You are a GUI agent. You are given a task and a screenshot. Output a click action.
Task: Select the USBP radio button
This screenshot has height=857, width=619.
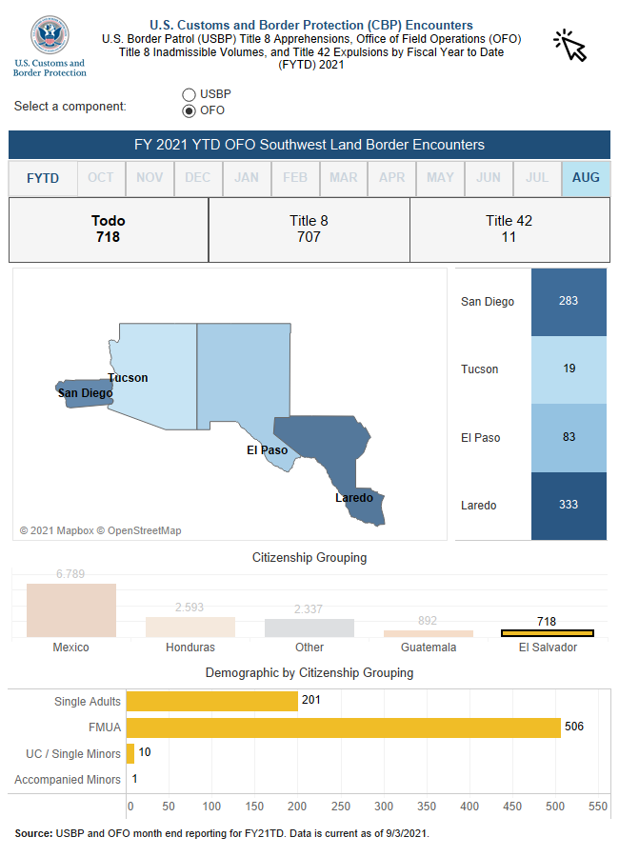coord(189,94)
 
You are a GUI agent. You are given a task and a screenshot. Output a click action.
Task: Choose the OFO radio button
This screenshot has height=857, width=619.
coord(189,110)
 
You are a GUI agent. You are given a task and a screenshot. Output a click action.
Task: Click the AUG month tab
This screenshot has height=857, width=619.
coord(586,178)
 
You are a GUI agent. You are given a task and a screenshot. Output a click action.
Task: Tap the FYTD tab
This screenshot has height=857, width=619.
coord(43,178)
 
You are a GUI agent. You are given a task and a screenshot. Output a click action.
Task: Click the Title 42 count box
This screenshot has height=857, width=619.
coord(509,229)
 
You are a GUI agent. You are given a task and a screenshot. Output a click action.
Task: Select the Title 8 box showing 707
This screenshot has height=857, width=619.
coord(309,229)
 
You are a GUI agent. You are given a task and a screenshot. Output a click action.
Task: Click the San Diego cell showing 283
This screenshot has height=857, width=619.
coord(569,302)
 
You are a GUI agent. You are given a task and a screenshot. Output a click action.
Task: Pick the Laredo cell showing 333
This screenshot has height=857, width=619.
coord(569,506)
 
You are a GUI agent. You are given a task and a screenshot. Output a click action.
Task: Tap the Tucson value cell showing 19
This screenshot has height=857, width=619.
coord(569,369)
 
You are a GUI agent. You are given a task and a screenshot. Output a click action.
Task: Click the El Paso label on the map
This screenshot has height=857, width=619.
coord(267,450)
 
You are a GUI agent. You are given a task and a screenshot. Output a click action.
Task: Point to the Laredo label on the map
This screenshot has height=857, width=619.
coord(353,498)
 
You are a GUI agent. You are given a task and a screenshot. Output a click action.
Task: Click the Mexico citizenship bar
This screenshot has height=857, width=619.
coord(71,610)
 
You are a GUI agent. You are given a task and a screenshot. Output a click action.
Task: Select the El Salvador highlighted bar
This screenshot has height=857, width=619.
coord(548,633)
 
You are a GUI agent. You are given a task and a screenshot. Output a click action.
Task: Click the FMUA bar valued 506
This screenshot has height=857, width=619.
coord(344,727)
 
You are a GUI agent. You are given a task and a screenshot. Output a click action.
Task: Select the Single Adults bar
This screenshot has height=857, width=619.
coord(212,702)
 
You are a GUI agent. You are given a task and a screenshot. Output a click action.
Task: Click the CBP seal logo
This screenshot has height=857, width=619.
coord(50,35)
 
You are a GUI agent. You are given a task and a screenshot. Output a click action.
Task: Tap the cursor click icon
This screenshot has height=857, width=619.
coord(569,45)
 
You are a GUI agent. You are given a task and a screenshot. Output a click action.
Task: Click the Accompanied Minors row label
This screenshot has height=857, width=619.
coord(68,780)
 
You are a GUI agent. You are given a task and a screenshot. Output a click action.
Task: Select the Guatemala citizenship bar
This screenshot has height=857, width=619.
coord(429,633)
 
